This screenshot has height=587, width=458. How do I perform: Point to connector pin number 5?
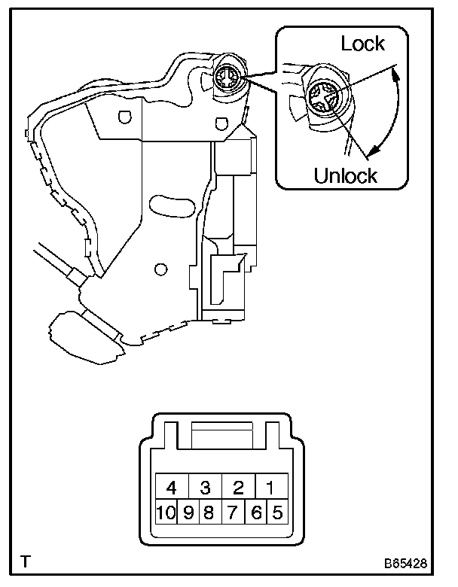(277, 514)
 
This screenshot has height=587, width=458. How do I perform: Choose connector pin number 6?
(256, 514)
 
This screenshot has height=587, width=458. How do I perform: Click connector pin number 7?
(233, 514)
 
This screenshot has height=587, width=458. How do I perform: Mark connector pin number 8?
(209, 514)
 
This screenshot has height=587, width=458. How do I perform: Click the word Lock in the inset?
(362, 44)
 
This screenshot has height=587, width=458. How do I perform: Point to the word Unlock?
(346, 176)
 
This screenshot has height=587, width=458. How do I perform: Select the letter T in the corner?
(26, 561)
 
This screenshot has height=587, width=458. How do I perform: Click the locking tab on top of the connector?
(223, 436)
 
